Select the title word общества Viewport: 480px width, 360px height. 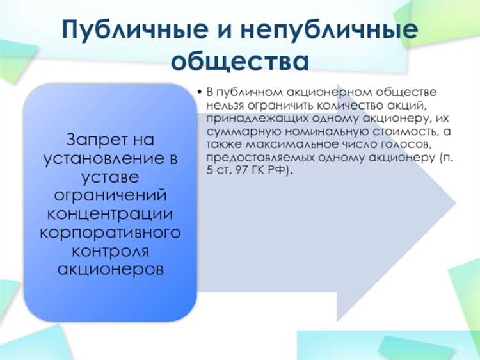click(x=241, y=63)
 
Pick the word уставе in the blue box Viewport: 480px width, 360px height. click(x=110, y=176)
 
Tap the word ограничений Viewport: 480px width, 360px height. click(x=110, y=195)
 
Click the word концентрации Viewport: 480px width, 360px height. click(x=110, y=213)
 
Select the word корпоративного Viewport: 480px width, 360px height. click(x=110, y=231)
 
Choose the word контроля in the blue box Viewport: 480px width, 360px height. click(x=110, y=249)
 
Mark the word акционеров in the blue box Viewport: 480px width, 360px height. click(x=110, y=268)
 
